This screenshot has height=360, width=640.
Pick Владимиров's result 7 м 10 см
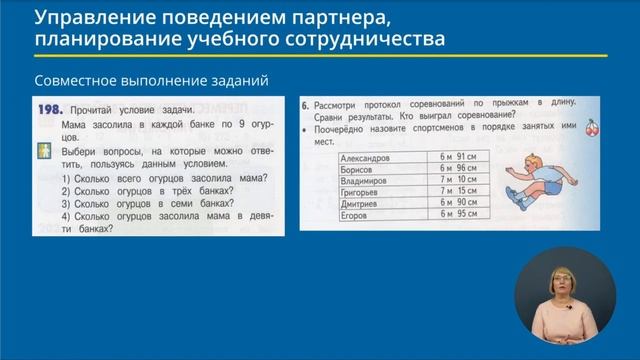459,181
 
